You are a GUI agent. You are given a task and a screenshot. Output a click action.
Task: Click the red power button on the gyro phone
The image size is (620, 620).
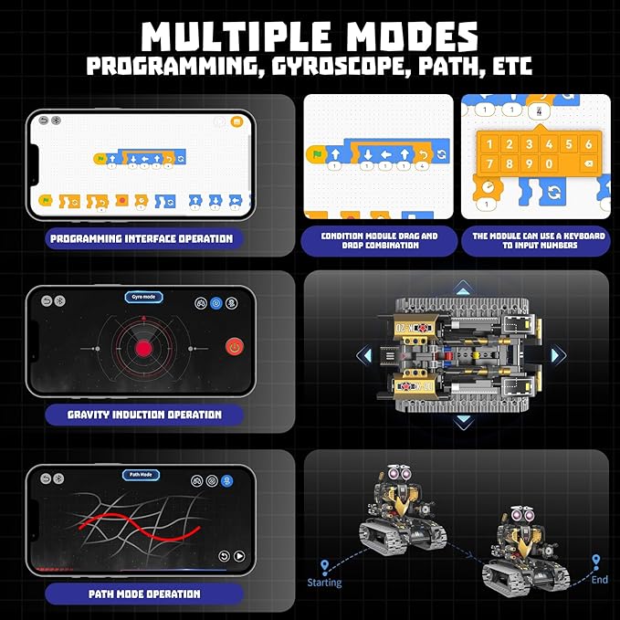(235, 347)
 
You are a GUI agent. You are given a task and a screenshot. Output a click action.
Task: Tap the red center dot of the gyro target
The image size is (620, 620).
(143, 349)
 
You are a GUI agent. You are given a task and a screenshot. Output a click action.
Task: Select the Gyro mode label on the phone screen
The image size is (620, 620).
(143, 298)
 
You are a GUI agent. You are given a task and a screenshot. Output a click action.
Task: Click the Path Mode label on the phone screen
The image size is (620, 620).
(142, 475)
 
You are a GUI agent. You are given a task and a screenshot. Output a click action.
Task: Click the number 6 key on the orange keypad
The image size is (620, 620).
(587, 144)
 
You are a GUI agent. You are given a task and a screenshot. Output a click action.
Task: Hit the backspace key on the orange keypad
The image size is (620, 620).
(587, 164)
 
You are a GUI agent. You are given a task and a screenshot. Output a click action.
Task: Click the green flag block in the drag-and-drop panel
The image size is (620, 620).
(315, 155)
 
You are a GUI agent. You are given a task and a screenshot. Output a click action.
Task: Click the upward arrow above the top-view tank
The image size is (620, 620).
(463, 287)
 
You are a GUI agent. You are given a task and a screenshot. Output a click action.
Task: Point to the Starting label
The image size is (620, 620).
(324, 582)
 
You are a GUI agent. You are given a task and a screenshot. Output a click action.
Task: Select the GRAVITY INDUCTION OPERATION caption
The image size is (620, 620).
(144, 415)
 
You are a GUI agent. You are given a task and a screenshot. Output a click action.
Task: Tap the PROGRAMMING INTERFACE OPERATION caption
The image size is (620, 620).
(142, 239)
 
